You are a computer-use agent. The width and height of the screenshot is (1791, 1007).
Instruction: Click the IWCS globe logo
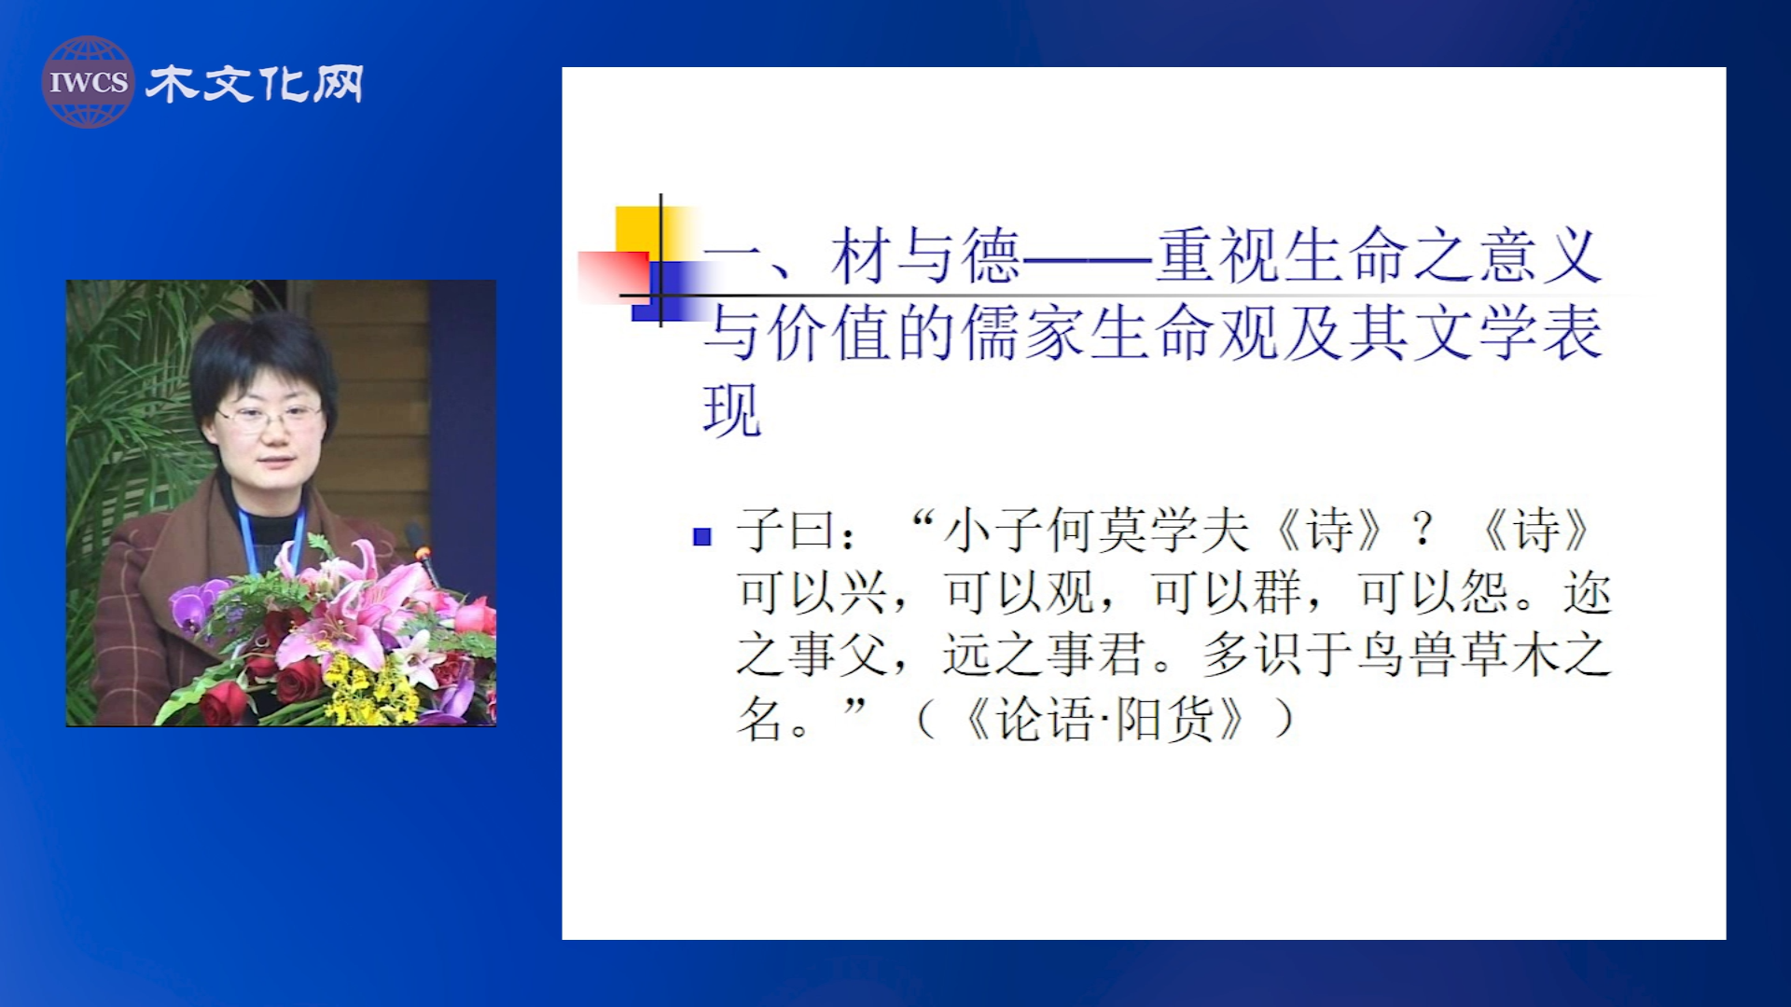[88, 82]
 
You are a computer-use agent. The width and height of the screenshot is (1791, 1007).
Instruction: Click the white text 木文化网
[255, 84]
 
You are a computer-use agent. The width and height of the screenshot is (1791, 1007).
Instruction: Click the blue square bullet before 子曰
[702, 536]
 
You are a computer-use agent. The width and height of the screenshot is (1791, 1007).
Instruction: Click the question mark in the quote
[1423, 530]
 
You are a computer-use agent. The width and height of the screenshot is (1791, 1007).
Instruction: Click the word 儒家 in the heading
[1023, 333]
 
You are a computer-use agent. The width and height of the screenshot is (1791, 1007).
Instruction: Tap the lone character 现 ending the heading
[733, 410]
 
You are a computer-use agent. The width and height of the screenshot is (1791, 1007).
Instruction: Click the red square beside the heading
[613, 277]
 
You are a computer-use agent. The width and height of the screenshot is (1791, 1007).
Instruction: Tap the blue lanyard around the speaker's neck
[271, 541]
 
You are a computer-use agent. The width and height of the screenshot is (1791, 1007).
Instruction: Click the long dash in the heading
[1089, 257]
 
